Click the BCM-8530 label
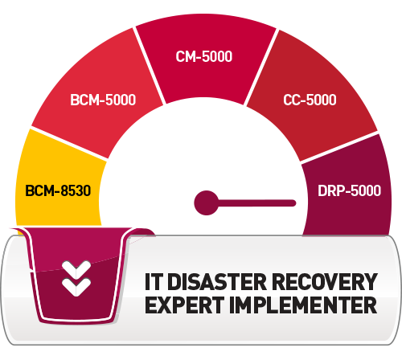58,190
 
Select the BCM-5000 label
103,100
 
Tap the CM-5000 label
204,56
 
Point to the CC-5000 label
310,100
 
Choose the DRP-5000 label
349,190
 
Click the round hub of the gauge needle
206,202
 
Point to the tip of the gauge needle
295,203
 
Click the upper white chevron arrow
76,269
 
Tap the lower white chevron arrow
76,287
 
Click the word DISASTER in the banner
217,282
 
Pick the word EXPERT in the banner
184,305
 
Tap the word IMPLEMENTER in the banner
303,305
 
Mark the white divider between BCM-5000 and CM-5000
149,66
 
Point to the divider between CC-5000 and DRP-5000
339,147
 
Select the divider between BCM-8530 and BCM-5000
69,144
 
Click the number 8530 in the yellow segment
76,190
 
